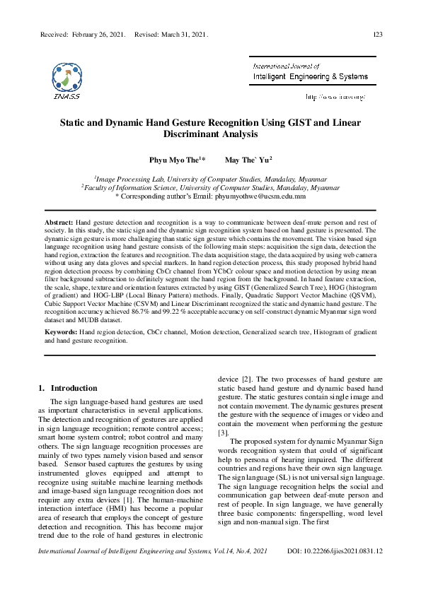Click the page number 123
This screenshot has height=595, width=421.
point(377,34)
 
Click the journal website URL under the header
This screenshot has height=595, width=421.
point(335,96)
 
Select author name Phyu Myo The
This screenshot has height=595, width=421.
point(173,160)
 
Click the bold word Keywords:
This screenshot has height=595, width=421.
point(61,331)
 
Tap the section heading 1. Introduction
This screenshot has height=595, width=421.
point(67,388)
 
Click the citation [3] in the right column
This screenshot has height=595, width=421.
point(223,432)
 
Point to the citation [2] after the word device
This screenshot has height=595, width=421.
point(247,379)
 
